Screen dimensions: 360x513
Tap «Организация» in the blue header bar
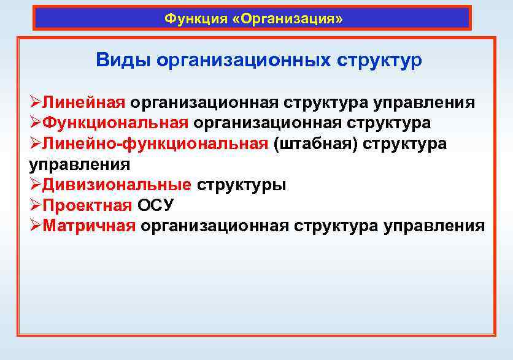(288, 18)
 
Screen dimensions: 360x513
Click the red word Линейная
(84, 102)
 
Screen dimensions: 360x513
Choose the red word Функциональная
(115, 123)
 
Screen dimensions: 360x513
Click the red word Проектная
(87, 205)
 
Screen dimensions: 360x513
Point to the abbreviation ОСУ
(156, 205)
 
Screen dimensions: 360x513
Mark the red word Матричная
(89, 226)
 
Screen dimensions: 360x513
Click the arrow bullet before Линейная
(35, 102)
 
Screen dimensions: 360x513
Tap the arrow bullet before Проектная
(35, 205)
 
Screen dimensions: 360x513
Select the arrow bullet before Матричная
(35, 226)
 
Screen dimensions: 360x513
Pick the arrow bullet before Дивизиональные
(35, 185)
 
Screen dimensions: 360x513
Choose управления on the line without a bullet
(79, 164)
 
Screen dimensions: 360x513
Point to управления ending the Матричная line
(434, 226)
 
